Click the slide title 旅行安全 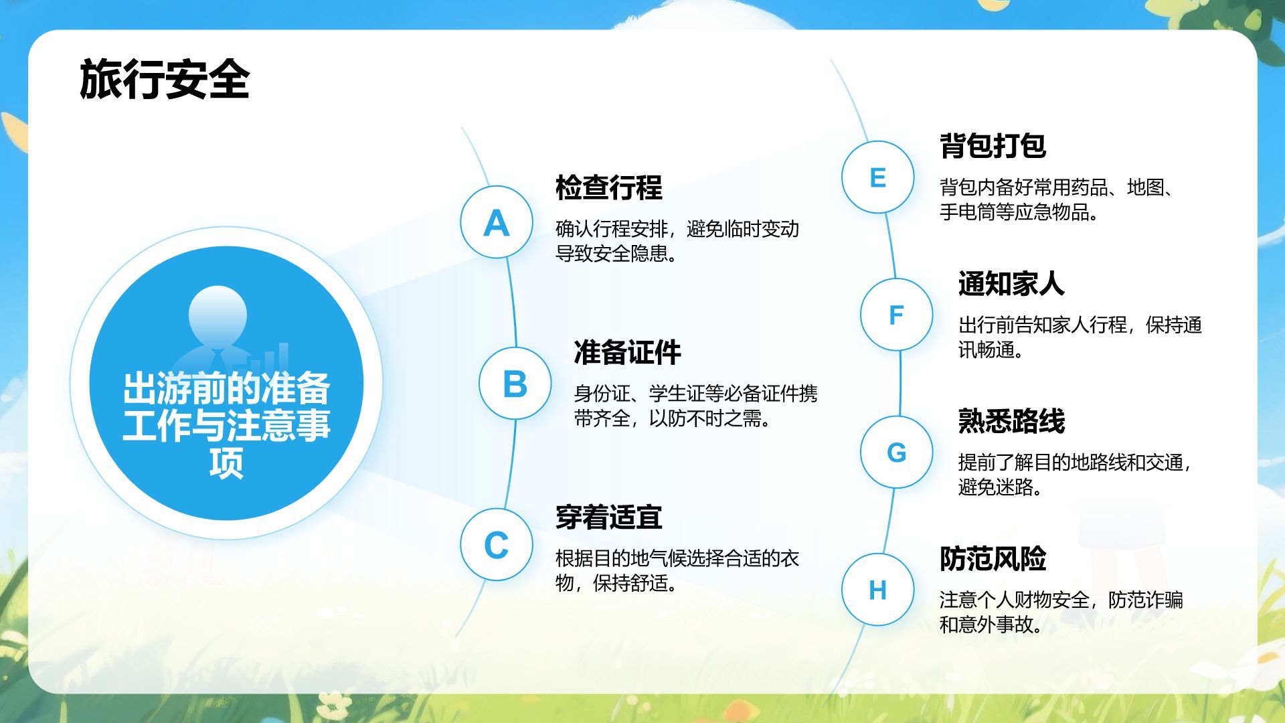pyautogui.click(x=165, y=80)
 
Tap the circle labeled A pyautogui.click(x=497, y=222)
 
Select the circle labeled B pyautogui.click(x=515, y=384)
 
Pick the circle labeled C pyautogui.click(x=497, y=544)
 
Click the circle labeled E pyautogui.click(x=877, y=177)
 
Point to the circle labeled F pyautogui.click(x=896, y=315)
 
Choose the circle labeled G pyautogui.click(x=896, y=452)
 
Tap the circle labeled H pyautogui.click(x=877, y=590)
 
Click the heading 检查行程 pyautogui.click(x=609, y=187)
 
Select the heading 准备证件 pyautogui.click(x=628, y=352)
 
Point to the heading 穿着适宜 pyautogui.click(x=609, y=517)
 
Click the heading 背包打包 pyautogui.click(x=993, y=145)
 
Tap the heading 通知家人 pyautogui.click(x=1011, y=283)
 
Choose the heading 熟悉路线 pyautogui.click(x=1011, y=421)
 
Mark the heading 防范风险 pyautogui.click(x=993, y=558)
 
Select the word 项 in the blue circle pyautogui.click(x=226, y=462)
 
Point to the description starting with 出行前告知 pyautogui.click(x=1080, y=337)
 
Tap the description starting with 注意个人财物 pyautogui.click(x=1061, y=612)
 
